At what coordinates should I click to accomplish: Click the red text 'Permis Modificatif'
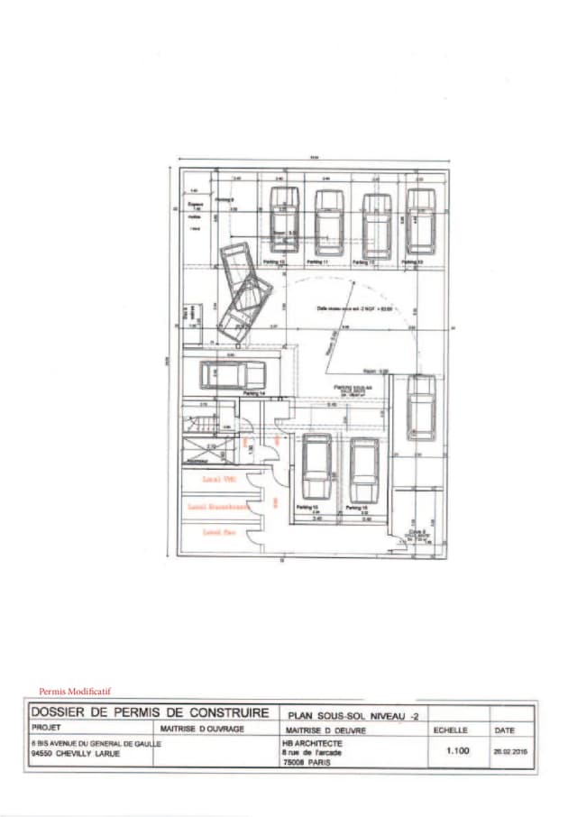75,691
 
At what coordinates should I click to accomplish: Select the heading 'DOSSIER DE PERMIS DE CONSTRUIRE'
150,712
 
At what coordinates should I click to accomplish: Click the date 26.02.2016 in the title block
508,748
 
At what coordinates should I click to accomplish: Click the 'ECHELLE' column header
450,730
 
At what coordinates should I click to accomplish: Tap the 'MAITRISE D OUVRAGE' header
202,729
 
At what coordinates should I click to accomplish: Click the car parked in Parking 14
233,374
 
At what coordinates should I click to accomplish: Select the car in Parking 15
316,466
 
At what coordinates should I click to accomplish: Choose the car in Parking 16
363,470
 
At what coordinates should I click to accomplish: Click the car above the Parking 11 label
329,223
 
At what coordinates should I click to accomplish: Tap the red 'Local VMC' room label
219,480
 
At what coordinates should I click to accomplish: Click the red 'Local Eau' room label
219,532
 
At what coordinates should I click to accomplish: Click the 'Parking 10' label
274,262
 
